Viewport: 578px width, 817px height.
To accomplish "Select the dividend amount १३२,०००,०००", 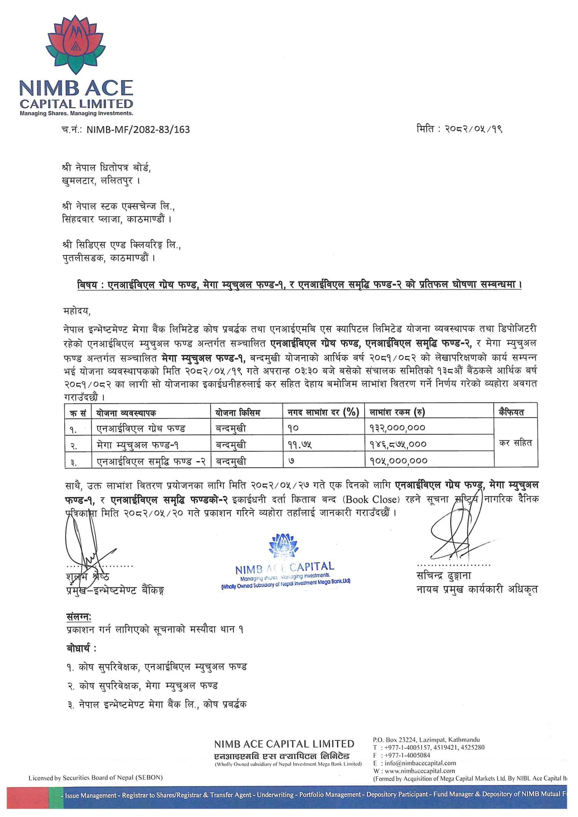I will click(397, 428).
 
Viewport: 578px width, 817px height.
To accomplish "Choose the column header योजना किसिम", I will click(237, 413).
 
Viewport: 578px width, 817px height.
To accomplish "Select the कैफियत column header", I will click(511, 412).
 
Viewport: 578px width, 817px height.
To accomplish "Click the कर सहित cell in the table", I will click(515, 443).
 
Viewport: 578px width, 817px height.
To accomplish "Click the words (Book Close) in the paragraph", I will click(371, 500).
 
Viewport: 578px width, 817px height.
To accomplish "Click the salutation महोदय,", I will click(77, 311).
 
